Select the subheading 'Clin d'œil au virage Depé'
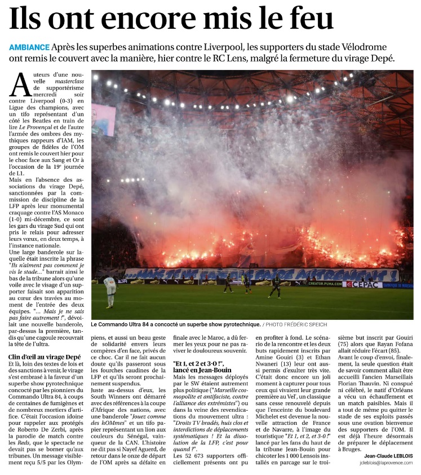pos(44,357)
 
